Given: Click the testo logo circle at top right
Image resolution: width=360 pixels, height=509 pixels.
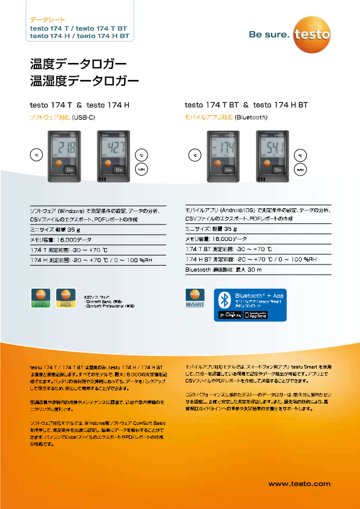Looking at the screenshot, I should coord(312,34).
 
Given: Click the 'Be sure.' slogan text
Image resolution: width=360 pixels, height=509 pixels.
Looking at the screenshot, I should coord(269,35).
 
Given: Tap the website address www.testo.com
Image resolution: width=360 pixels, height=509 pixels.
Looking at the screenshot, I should coord(299,484).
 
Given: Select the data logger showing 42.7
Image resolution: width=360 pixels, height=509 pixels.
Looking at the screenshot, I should coord(113,156).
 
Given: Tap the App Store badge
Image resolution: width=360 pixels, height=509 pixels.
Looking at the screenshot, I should coord(255,315).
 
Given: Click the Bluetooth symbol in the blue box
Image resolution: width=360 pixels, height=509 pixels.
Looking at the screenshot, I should coord(224,299).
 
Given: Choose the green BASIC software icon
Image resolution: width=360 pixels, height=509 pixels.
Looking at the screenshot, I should coord(40,298).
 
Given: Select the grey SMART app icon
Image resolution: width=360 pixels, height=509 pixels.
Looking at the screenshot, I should coord(195,298).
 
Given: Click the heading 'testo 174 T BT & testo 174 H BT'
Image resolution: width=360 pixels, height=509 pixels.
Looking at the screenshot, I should coord(246,105).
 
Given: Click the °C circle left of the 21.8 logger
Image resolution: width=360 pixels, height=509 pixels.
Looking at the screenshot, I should coord(36,155).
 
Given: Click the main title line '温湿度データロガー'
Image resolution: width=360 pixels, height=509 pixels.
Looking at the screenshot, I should coord(85,79).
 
